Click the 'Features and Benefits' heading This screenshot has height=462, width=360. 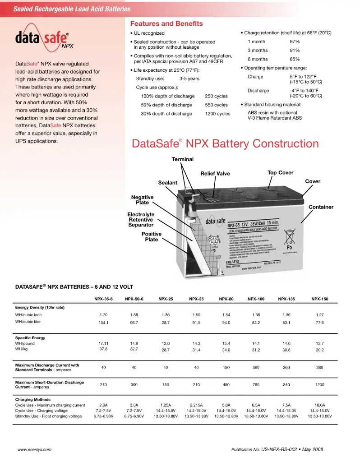pyautogui.click(x=166, y=23)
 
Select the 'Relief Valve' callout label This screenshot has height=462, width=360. pyautogui.click(x=215, y=174)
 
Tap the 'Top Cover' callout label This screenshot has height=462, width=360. pyautogui.click(x=280, y=172)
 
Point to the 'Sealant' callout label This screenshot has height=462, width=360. pyautogui.click(x=167, y=183)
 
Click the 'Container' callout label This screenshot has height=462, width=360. pyautogui.click(x=321, y=207)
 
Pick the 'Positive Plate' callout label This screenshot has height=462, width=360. pyautogui.click(x=151, y=237)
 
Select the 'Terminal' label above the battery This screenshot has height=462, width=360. pyautogui.click(x=182, y=159)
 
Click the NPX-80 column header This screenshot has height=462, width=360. pyautogui.click(x=226, y=299)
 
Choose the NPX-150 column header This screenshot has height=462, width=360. pyautogui.click(x=319, y=299)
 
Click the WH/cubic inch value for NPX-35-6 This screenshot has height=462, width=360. pyautogui.click(x=103, y=315)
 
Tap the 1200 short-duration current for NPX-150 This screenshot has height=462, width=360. pyautogui.click(x=319, y=384)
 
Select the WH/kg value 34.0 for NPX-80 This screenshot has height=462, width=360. pyautogui.click(x=226, y=350)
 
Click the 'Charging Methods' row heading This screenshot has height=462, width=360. pyautogui.click(x=33, y=400)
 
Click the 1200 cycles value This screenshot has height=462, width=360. pyautogui.click(x=217, y=114)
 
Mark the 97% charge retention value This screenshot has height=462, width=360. pyautogui.click(x=295, y=42)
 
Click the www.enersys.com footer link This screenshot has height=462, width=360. pyautogui.click(x=34, y=450)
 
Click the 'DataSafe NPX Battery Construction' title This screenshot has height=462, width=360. pyautogui.click(x=225, y=144)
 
